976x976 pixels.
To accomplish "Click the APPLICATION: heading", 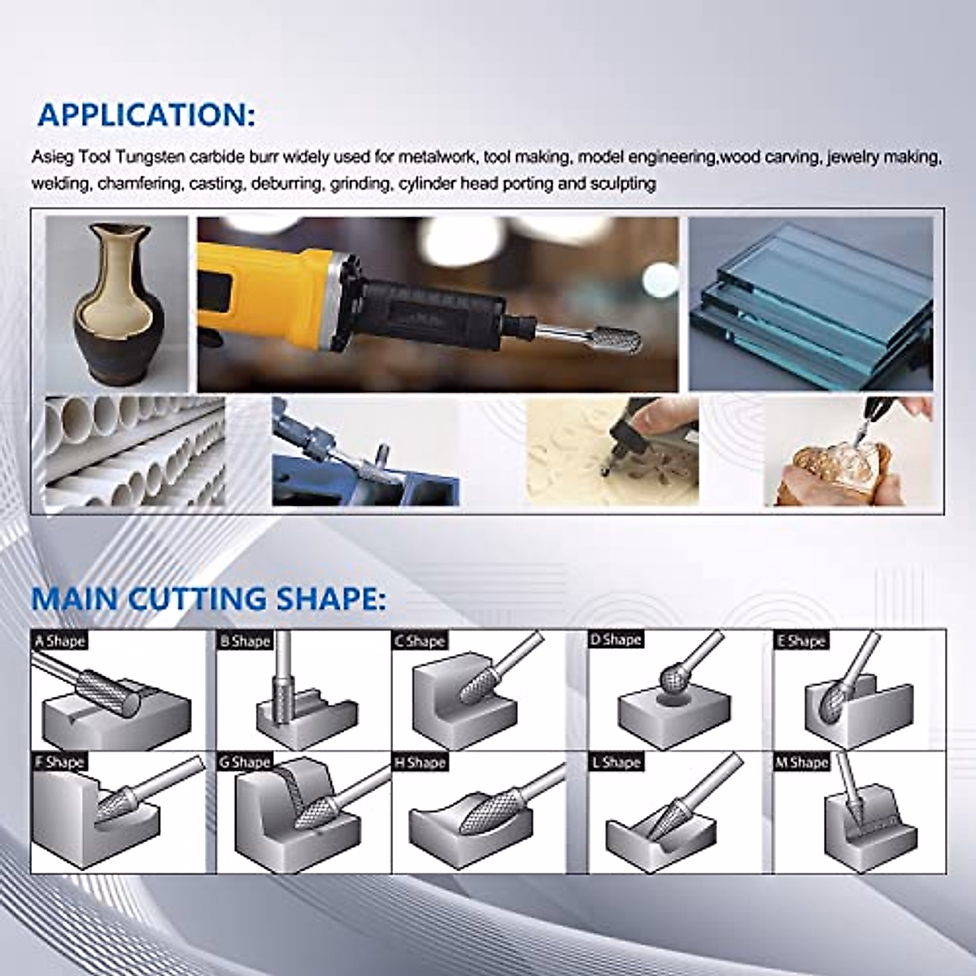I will click(x=146, y=115).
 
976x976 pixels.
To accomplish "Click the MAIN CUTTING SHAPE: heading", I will click(x=207, y=599).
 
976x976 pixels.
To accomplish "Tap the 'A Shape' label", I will click(x=59, y=641).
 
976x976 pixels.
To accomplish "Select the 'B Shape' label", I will click(x=244, y=641).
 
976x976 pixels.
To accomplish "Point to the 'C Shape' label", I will click(x=420, y=641).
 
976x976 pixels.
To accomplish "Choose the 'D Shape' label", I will click(x=616, y=639).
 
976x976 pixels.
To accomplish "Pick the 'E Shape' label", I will click(x=802, y=641).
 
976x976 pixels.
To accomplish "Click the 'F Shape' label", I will click(x=59, y=762).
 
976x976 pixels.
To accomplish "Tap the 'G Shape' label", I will click(x=244, y=762).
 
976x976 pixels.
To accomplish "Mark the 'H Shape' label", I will click(x=420, y=762).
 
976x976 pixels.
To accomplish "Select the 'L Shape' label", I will click(x=616, y=762).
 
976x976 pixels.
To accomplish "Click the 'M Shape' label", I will click(x=802, y=762).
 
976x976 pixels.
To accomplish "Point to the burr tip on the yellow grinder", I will click(x=623, y=341).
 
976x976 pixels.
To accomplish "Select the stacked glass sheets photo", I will click(x=811, y=303).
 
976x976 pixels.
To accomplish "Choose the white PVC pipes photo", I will click(x=134, y=451).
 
